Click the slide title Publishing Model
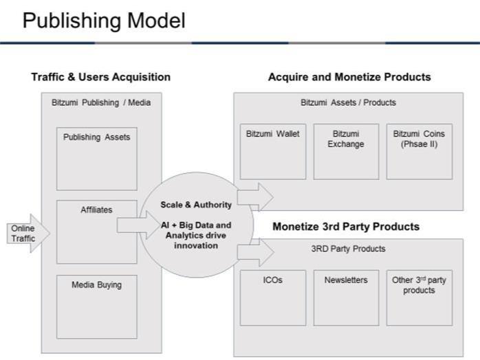coord(104,21)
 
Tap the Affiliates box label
coord(96,210)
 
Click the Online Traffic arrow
coord(28,233)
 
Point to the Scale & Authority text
coord(196,204)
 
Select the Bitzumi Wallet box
coord(272,151)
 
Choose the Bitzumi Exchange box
coord(345,151)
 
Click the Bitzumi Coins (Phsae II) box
coord(419,151)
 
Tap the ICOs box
coord(272,297)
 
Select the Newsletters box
coord(345,297)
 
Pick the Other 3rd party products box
coord(419,297)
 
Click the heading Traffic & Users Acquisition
coord(100,77)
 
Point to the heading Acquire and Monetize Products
coord(349,77)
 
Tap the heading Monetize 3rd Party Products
coord(346,226)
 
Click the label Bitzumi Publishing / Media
coord(100,102)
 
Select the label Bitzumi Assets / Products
coord(348,102)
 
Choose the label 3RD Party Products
coord(348,249)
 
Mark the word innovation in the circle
coord(196,245)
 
